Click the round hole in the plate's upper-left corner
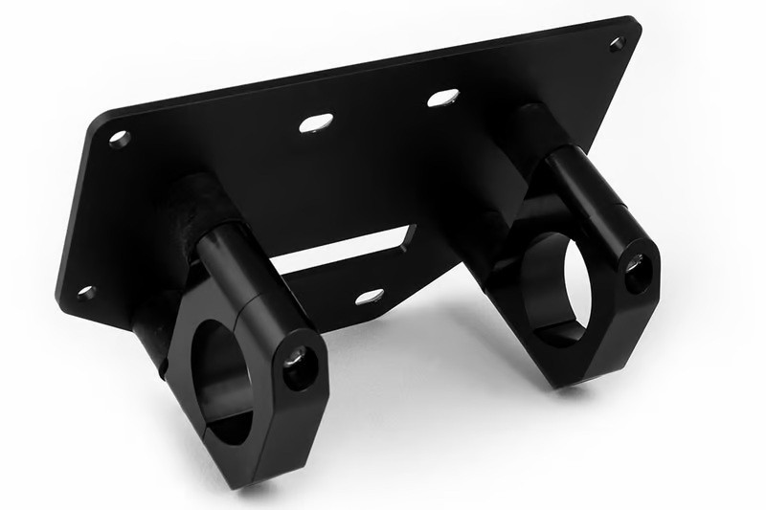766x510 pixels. [x=119, y=138]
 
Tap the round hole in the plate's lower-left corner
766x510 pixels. [x=86, y=292]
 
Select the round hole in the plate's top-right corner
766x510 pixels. [x=617, y=43]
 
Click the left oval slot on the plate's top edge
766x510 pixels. [x=316, y=122]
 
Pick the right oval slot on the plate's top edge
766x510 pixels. [x=442, y=98]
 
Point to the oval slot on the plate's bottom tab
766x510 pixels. [x=370, y=297]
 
